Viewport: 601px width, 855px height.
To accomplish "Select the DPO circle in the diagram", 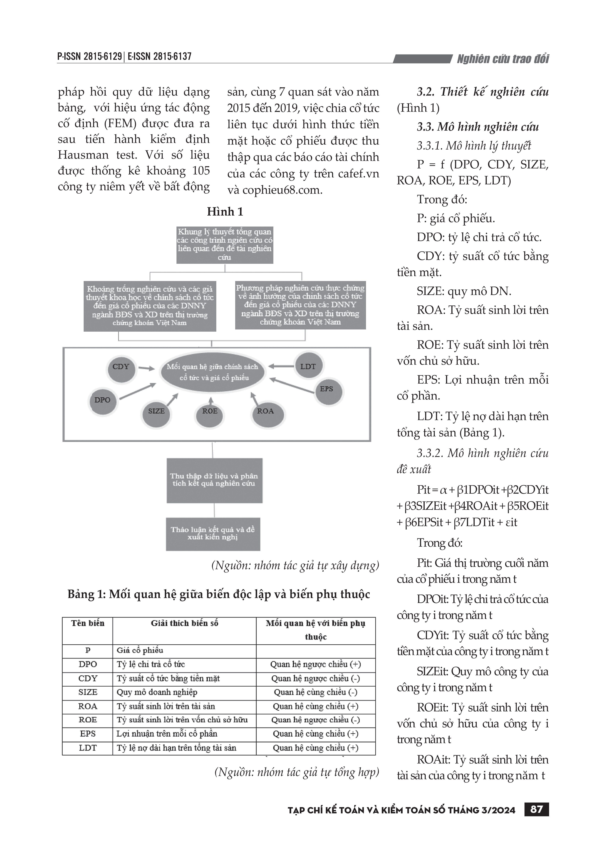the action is pos(103,401).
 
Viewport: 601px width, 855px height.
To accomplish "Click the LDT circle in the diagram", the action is pos(308,367).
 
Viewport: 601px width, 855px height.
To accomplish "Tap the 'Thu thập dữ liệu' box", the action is pos(214,480).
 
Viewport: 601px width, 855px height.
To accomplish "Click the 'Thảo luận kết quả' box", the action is pos(213,534).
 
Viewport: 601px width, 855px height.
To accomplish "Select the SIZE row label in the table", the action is pos(88,692).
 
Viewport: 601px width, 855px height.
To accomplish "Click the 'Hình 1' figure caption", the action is pos(225,212).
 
